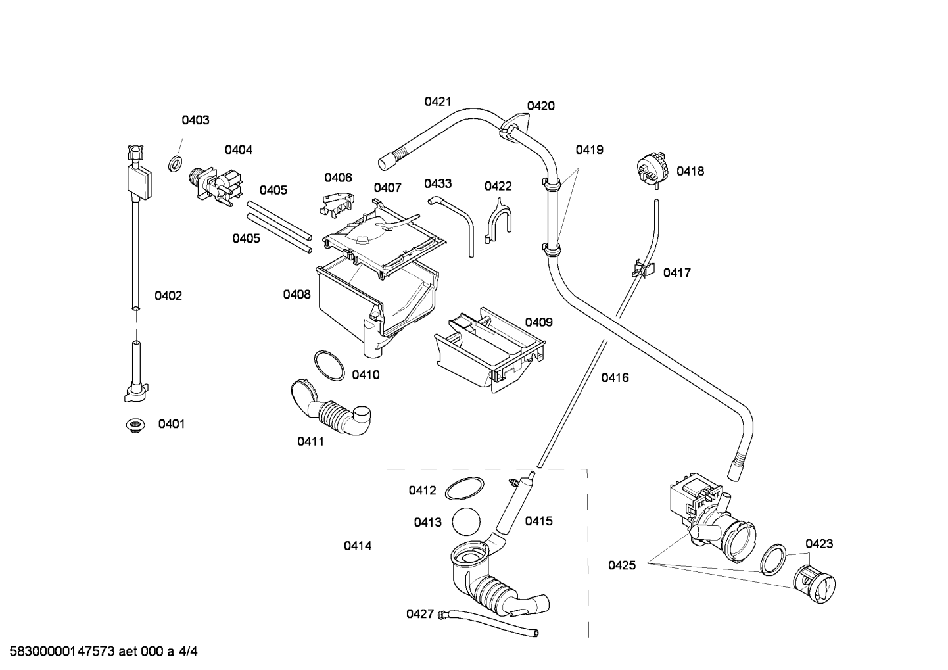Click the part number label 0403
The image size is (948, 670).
195,120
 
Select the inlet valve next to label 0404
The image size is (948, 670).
216,187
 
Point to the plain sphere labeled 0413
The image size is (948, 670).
466,521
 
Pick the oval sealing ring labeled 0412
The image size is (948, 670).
464,488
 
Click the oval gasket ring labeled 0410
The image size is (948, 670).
329,366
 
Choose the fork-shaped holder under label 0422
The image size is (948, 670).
498,222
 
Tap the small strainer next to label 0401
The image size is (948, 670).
135,425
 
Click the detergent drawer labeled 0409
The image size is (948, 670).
490,350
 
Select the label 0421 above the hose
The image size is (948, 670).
438,101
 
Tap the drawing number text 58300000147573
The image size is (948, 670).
62,651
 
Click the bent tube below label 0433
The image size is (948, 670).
453,224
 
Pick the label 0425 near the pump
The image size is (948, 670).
622,565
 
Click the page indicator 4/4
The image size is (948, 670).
188,651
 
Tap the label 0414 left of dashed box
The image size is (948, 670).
358,546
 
